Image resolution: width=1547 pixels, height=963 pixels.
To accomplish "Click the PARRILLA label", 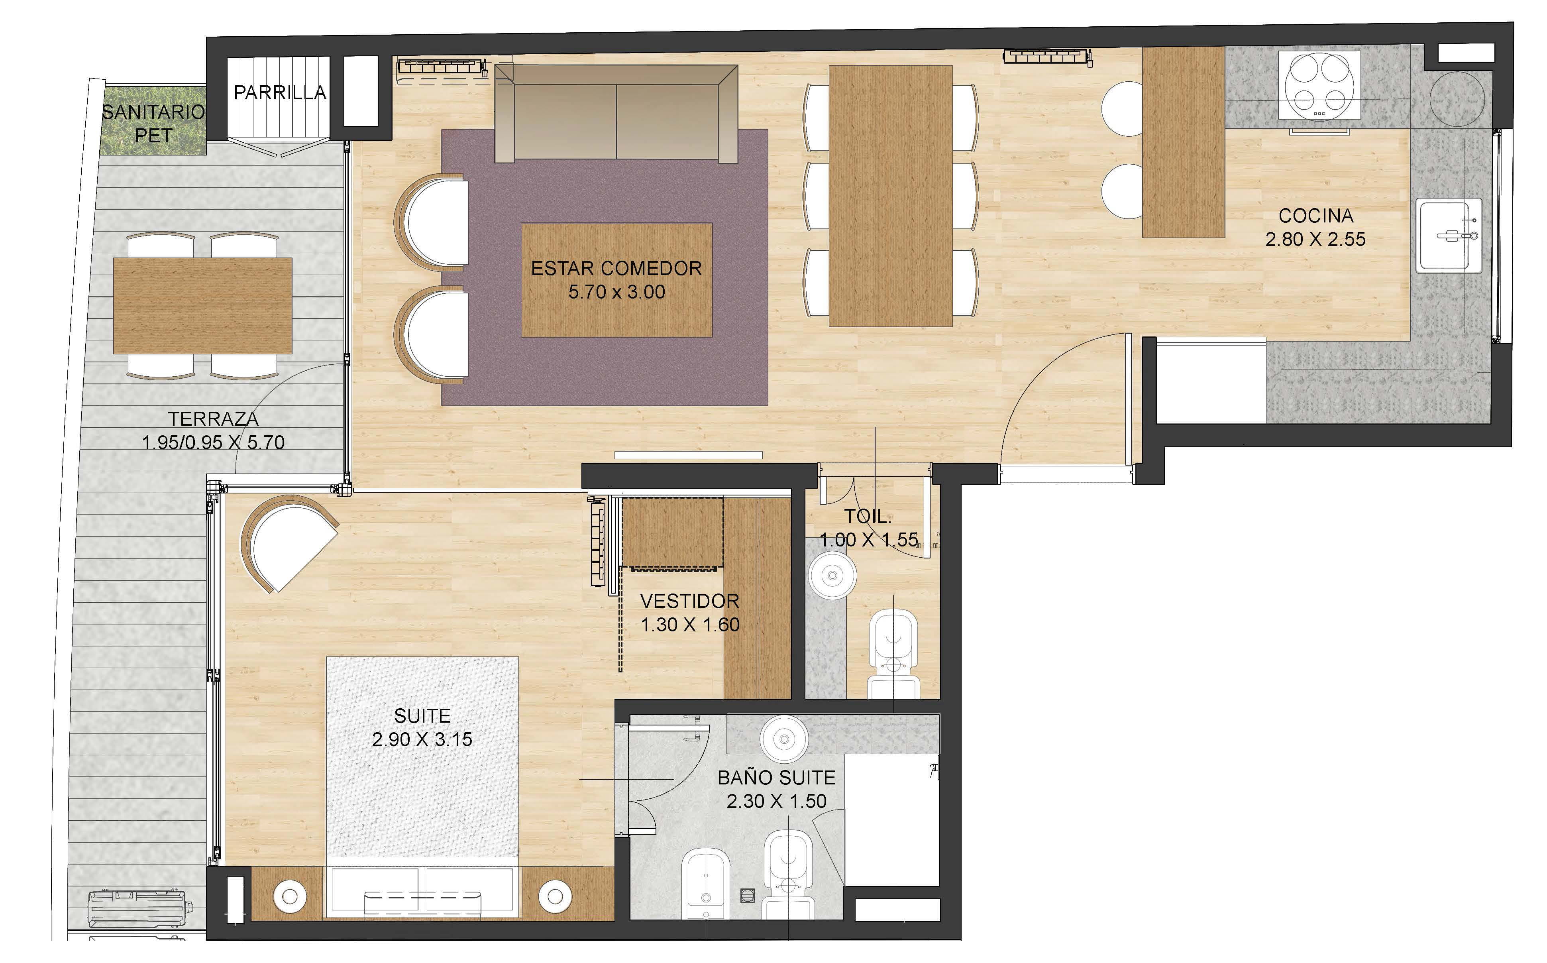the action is [280, 93].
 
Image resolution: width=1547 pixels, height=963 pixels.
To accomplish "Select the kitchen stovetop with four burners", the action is [1319, 85].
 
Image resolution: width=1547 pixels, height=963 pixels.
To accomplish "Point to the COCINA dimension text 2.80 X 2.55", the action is [1315, 240].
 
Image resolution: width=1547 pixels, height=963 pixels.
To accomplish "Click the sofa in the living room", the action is [616, 113].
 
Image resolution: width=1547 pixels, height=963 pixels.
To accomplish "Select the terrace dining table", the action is [202, 306].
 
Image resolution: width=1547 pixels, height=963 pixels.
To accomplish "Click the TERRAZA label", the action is [213, 419].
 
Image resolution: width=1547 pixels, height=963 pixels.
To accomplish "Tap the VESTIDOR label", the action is [689, 601].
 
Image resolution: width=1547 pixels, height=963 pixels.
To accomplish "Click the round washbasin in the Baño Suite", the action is [784, 739].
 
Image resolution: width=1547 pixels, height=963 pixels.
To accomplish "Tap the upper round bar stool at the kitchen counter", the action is [1122, 108].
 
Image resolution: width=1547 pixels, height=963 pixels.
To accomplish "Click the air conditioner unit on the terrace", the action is [139, 910].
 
